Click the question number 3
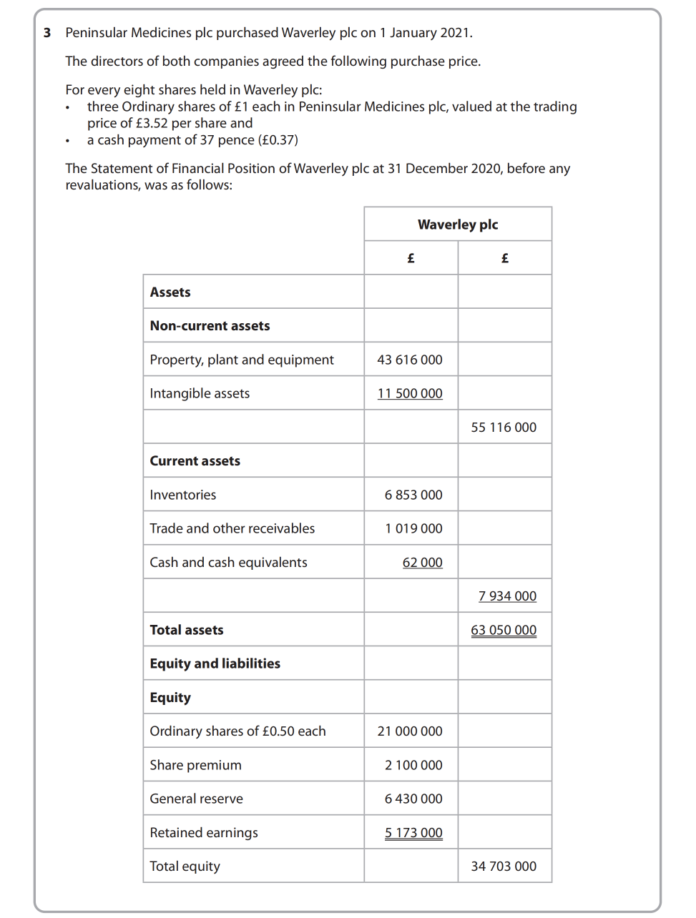coord(47,33)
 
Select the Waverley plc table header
coord(458,224)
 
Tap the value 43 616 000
coord(410,360)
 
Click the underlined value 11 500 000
coord(410,393)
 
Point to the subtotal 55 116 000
coord(504,428)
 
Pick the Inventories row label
coord(183,495)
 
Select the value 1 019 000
coord(413,528)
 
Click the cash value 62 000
coord(422,563)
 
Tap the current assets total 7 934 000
coord(507,596)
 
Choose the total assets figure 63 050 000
coord(504,630)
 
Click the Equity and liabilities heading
coord(215,663)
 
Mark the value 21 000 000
coord(410,731)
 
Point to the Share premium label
coord(196,765)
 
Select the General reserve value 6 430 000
coord(413,799)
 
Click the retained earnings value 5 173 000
coord(413,833)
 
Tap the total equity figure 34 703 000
coord(504,867)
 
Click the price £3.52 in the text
coord(152,123)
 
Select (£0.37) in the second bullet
coord(278,140)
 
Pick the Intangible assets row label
coord(200,393)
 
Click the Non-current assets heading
coord(210,326)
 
